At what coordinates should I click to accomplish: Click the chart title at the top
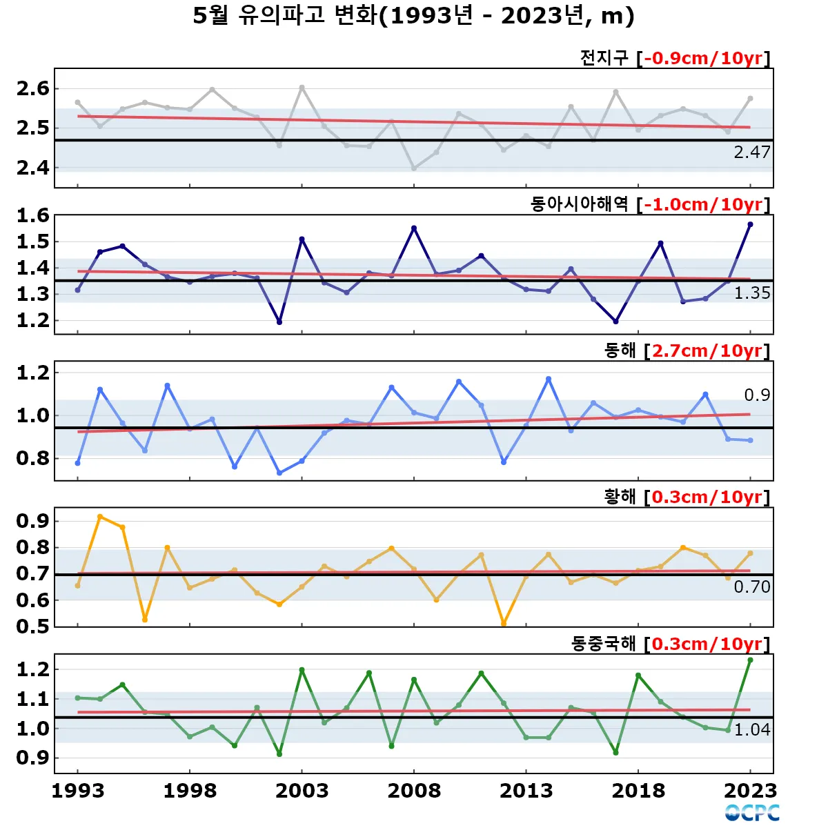pos(413,16)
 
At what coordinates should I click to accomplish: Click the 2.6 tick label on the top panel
pos(33,88)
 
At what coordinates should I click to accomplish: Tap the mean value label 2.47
pos(751,152)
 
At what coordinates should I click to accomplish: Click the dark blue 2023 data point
pos(750,224)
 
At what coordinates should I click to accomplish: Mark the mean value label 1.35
pos(751,293)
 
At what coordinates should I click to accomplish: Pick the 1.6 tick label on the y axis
pos(33,215)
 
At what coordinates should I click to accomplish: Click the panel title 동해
pos(620,351)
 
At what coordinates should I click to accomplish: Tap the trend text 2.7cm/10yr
pos(707,351)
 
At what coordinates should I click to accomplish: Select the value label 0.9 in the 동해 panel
pos(756,395)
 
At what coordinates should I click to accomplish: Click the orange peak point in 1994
pos(100,516)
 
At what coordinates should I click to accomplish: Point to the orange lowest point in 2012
pos(504,623)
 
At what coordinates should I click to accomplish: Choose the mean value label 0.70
pos(751,587)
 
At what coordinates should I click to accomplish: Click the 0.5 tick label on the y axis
pos(33,627)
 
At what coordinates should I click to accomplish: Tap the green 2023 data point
pos(750,660)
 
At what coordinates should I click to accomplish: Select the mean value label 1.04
pos(751,730)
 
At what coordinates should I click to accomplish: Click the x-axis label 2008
pos(414,791)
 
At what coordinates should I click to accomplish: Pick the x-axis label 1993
pos(77,791)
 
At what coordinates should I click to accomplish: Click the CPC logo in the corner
pos(752,813)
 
